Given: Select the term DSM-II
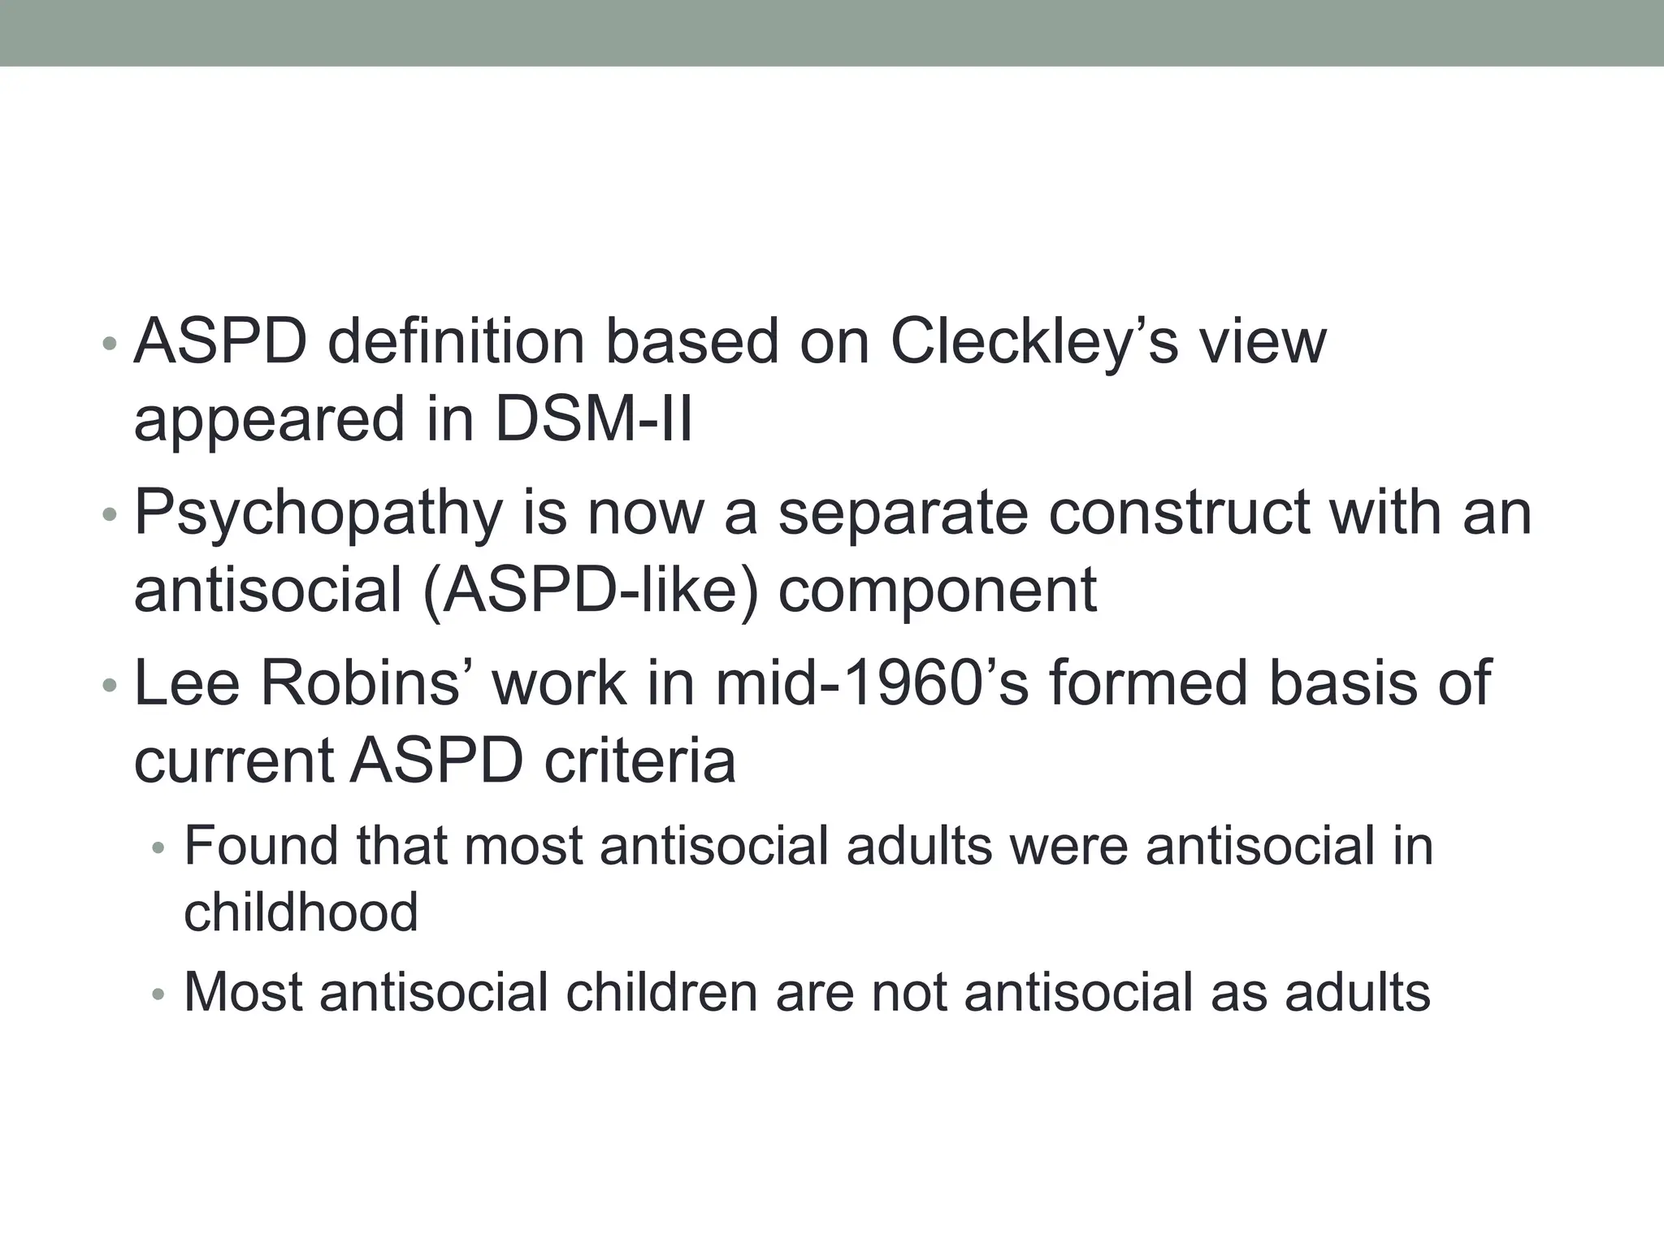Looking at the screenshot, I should pyautogui.click(x=593, y=419).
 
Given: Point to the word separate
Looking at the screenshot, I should pyautogui.click(x=903, y=513).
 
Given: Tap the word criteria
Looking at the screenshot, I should pyautogui.click(x=640, y=761).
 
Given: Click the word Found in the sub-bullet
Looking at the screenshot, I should pyautogui.click(x=261, y=846).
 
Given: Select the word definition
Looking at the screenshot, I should pyautogui.click(x=456, y=343).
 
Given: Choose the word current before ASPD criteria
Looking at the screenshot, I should pyautogui.click(x=234, y=761).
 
